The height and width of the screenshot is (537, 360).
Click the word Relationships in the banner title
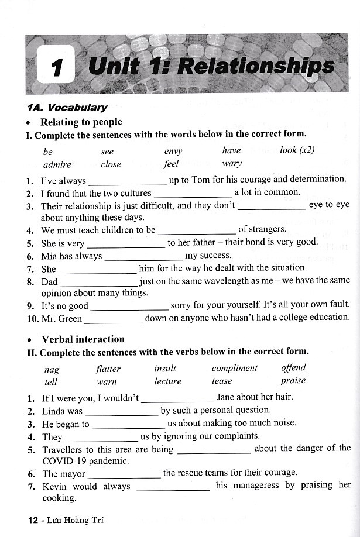[x=256, y=67]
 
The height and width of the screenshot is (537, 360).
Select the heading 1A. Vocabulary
[x=67, y=107]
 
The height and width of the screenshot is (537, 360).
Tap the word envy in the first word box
[x=173, y=150]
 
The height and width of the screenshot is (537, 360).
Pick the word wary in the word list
[x=232, y=164]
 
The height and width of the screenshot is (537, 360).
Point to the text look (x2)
[x=297, y=150]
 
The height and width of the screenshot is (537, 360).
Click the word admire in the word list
[x=57, y=164]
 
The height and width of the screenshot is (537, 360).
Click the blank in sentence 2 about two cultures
[x=192, y=194]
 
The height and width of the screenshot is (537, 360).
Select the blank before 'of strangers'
[x=197, y=231]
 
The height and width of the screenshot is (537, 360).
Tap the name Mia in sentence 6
[x=49, y=256]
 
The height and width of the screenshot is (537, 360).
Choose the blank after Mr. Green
[x=113, y=319]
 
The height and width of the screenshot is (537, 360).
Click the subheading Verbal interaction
[x=83, y=339]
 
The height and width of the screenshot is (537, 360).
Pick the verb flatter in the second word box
[x=108, y=369]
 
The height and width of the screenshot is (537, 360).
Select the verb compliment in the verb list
[x=234, y=368]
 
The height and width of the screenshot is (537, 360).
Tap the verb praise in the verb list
[x=293, y=381]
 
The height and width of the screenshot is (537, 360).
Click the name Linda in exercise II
[x=54, y=411]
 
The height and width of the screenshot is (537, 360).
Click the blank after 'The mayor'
[x=124, y=474]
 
